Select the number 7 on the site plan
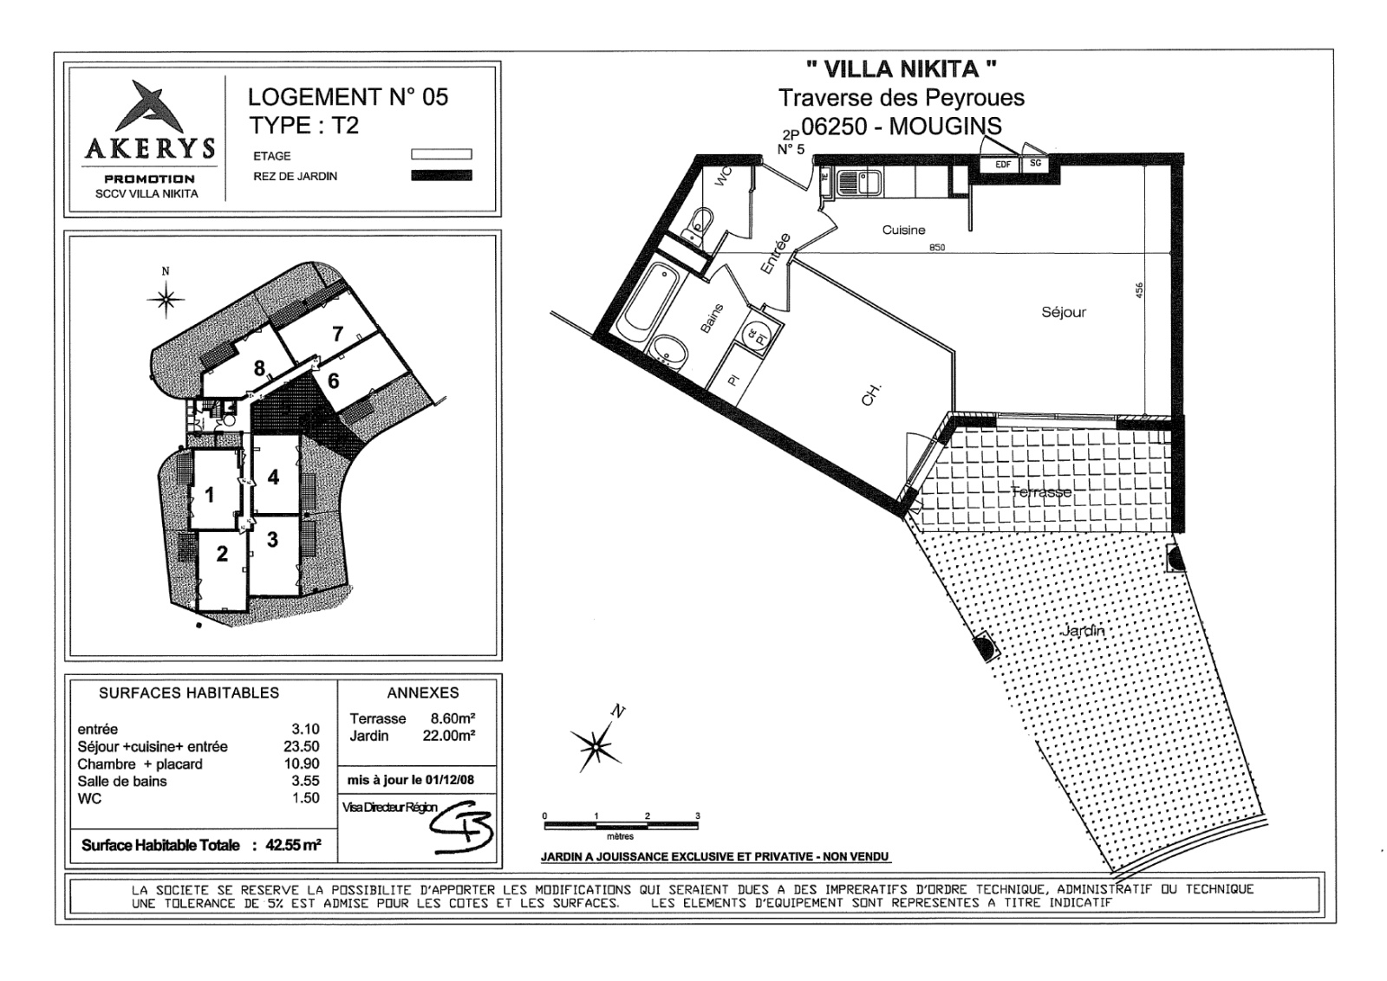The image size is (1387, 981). coord(337,334)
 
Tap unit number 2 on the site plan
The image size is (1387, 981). coord(222,554)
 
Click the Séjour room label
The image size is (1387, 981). coord(1063,312)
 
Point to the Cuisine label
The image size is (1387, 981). coord(903,230)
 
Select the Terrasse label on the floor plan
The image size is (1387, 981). coord(1040,491)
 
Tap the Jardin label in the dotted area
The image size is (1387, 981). coord(1083,630)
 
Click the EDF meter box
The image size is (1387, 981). coord(1002,164)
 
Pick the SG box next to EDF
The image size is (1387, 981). coord(1034,163)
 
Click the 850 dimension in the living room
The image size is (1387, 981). coord(936,247)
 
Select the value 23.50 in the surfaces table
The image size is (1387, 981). coord(305,746)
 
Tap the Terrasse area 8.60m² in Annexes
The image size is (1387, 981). coord(453,718)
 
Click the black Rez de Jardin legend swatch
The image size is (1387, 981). coord(441,176)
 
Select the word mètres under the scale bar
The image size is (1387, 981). coord(620,836)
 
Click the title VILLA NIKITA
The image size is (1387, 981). coord(901,68)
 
